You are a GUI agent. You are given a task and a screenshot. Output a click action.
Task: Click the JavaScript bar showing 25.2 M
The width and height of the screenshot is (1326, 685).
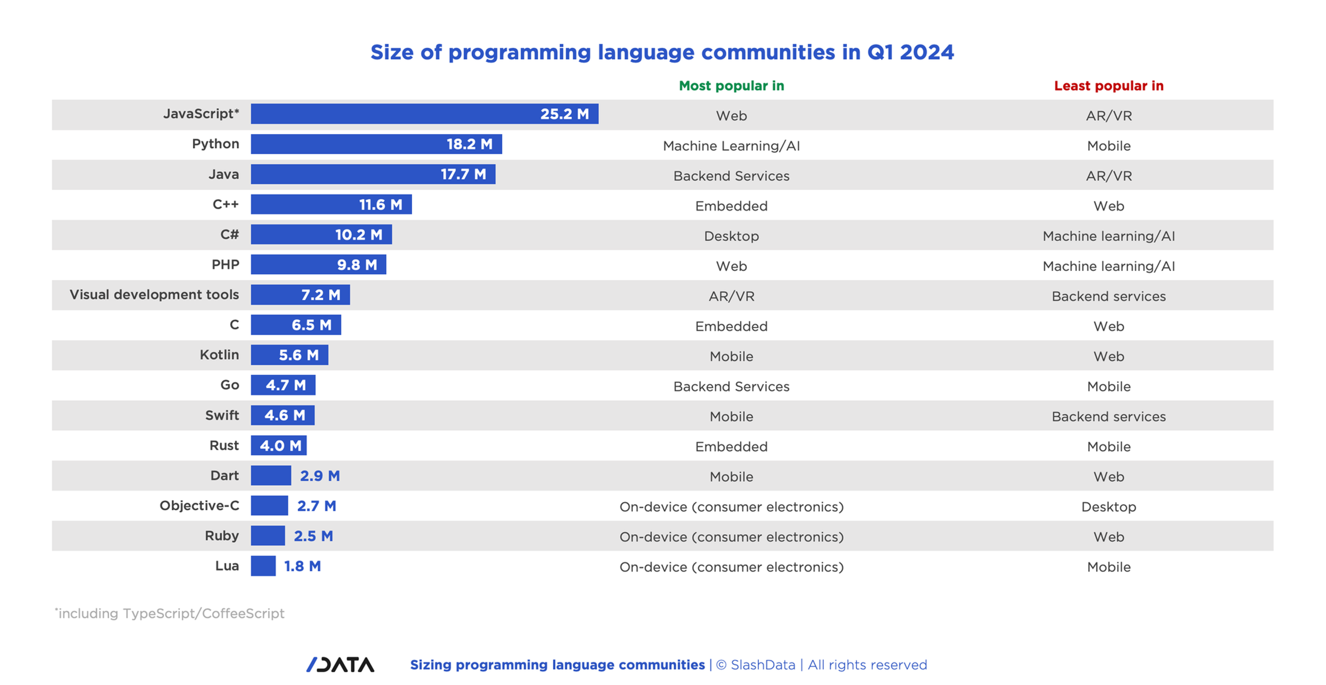tap(424, 114)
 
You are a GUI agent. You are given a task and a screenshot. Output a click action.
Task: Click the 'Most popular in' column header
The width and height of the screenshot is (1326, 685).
tap(731, 85)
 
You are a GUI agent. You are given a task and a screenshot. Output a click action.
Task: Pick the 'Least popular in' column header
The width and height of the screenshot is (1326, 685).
tap(1108, 85)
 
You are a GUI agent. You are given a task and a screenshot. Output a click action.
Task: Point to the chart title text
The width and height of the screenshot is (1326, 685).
tap(662, 53)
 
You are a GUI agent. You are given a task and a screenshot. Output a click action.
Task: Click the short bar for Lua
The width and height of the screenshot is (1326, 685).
tap(263, 566)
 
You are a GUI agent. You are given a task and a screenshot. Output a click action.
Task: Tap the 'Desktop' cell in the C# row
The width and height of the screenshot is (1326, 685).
tap(731, 236)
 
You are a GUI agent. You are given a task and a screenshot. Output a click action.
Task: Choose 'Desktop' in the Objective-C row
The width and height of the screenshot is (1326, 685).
tap(1108, 506)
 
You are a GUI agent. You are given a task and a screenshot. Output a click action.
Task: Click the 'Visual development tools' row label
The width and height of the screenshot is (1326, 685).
tap(154, 295)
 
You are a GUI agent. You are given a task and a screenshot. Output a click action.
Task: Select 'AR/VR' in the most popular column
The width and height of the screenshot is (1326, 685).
tap(731, 296)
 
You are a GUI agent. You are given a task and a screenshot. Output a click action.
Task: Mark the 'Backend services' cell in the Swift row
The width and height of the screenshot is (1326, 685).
tap(1108, 417)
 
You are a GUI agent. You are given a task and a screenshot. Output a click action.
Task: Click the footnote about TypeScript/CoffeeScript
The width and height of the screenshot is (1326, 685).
tap(170, 613)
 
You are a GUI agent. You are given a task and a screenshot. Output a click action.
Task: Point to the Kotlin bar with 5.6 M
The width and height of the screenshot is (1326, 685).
tap(289, 355)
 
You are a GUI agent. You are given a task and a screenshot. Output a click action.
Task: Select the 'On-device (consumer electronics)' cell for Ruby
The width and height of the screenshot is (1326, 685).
tap(731, 537)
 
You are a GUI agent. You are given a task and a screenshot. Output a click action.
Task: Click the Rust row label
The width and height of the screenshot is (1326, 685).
tap(224, 445)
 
